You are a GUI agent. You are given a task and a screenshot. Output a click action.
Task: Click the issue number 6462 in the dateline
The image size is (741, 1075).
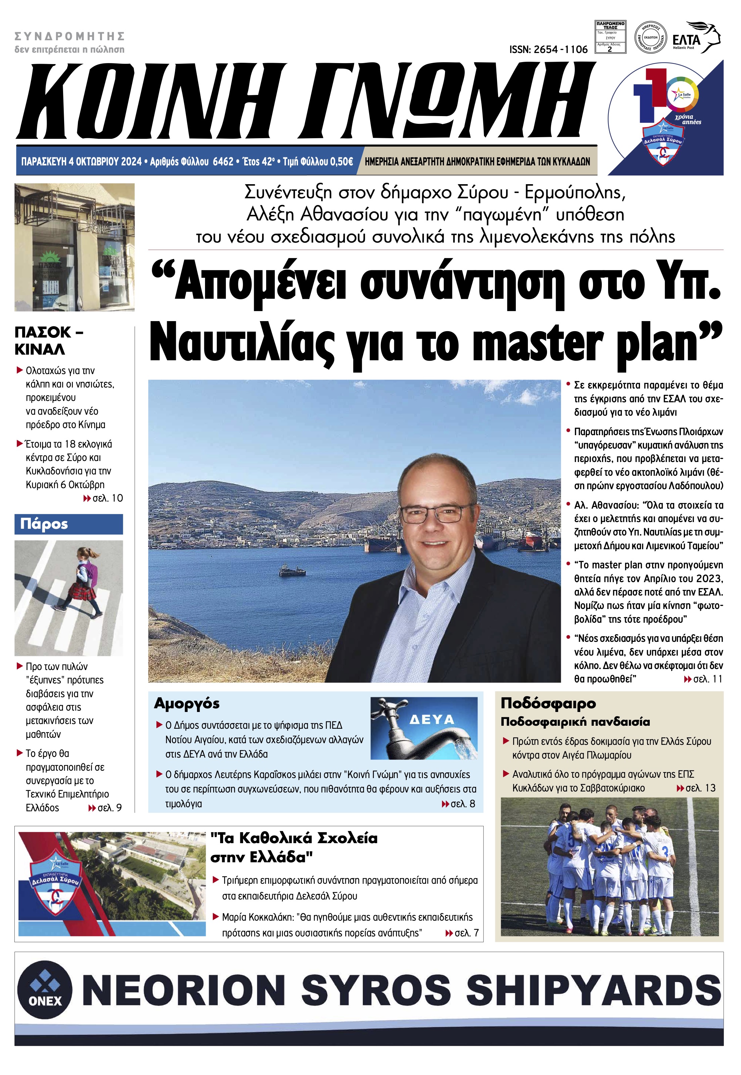pyautogui.click(x=223, y=161)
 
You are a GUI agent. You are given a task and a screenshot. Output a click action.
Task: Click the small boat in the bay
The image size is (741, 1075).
pyautogui.click(x=292, y=570)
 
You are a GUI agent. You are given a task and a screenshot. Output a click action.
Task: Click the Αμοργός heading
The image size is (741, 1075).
pyautogui.click(x=187, y=703)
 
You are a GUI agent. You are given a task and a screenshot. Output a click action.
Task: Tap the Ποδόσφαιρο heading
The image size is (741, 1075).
pyautogui.click(x=548, y=703)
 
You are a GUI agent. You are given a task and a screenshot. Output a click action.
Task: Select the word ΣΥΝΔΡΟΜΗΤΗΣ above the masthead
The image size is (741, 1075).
pyautogui.click(x=70, y=36)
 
